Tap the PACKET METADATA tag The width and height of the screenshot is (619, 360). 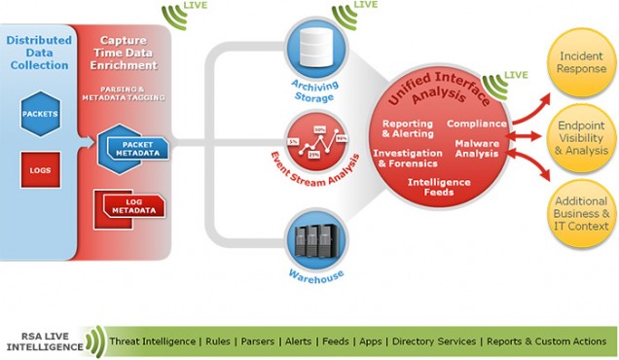point(134,148)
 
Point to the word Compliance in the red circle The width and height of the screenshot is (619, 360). point(476,124)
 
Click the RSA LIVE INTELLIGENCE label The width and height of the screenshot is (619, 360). point(44,342)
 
